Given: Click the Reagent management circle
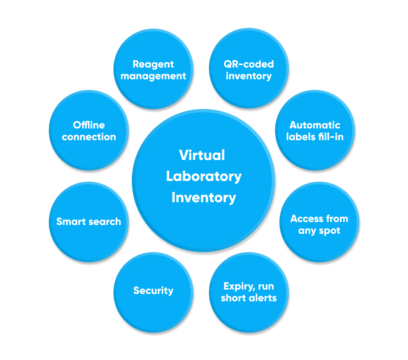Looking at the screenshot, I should click(x=152, y=68).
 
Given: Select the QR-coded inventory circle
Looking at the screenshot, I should click(x=248, y=68).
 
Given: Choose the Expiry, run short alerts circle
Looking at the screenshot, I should click(x=249, y=291).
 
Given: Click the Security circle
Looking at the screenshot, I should click(x=153, y=291).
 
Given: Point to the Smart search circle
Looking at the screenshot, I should click(x=88, y=220).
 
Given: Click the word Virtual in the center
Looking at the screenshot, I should click(x=202, y=154).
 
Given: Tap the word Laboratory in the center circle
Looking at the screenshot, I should click(x=202, y=176).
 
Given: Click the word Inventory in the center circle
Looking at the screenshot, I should click(x=202, y=198).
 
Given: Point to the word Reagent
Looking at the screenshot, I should click(x=152, y=61).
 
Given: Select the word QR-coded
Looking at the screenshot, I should click(x=248, y=61).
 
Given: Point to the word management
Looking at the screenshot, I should click(x=152, y=75).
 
